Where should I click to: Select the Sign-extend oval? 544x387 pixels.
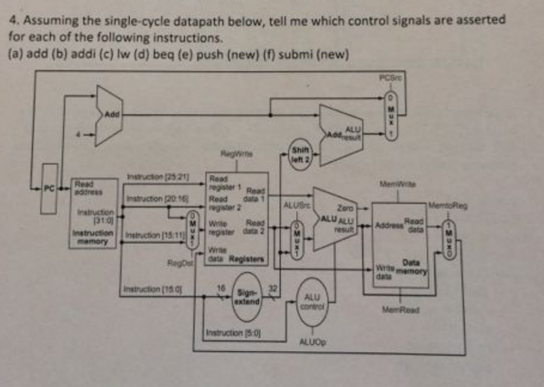(x=247, y=297)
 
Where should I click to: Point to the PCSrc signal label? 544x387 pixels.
(x=389, y=75)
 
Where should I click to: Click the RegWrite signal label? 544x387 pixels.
(x=231, y=153)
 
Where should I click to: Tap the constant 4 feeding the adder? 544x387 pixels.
(x=77, y=135)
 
